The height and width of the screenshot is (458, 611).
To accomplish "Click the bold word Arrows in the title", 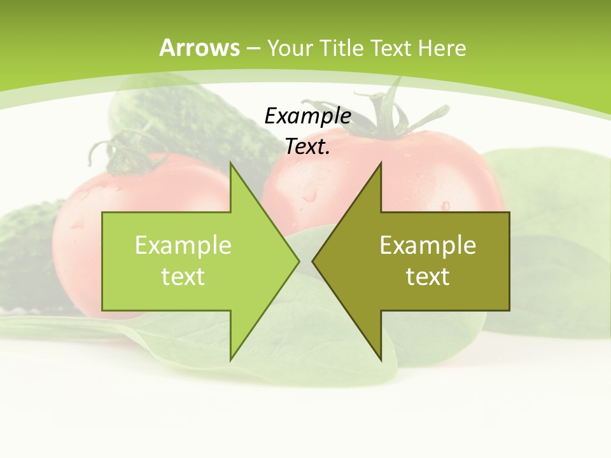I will (199, 48).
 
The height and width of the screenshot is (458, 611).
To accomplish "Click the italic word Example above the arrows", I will (307, 116).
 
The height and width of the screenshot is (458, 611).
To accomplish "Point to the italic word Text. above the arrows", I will (307, 146).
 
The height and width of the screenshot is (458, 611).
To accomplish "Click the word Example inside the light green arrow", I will (183, 245).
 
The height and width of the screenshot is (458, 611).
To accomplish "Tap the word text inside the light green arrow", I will (183, 276).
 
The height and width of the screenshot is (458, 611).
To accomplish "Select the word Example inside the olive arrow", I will (428, 245).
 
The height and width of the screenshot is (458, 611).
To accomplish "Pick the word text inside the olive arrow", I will (428, 276).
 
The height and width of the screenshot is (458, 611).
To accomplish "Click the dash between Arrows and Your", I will (253, 48).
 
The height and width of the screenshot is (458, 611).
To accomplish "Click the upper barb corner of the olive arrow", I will (381, 164).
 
